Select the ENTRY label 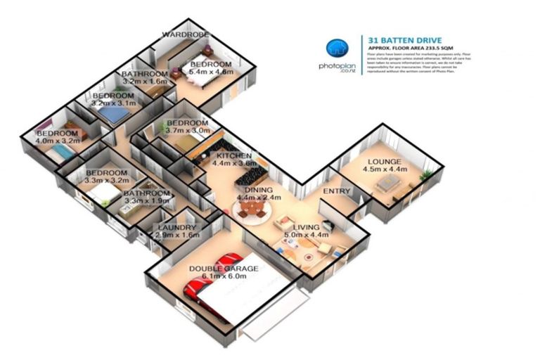336,191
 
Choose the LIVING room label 307,227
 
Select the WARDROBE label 183,34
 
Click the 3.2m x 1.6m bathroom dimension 144,82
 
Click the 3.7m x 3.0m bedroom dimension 188,130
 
